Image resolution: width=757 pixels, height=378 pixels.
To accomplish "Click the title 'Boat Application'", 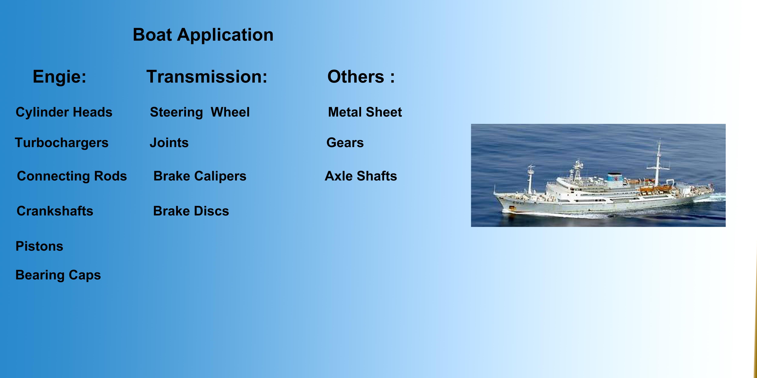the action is point(203,35).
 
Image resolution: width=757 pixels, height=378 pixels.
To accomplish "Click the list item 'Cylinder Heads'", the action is point(64,112).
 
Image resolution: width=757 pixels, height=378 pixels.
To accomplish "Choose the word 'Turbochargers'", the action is point(62,143).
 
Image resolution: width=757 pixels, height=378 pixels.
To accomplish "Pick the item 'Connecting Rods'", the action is point(72,176).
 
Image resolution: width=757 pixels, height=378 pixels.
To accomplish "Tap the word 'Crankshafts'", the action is point(55,211).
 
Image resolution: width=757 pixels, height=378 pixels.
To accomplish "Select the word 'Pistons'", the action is point(39,246).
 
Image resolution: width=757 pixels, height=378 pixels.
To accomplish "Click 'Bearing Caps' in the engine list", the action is point(58,275).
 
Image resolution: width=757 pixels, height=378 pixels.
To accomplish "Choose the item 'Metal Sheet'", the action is point(365,112).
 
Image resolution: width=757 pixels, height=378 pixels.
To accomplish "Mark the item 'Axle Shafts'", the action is point(361,176).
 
